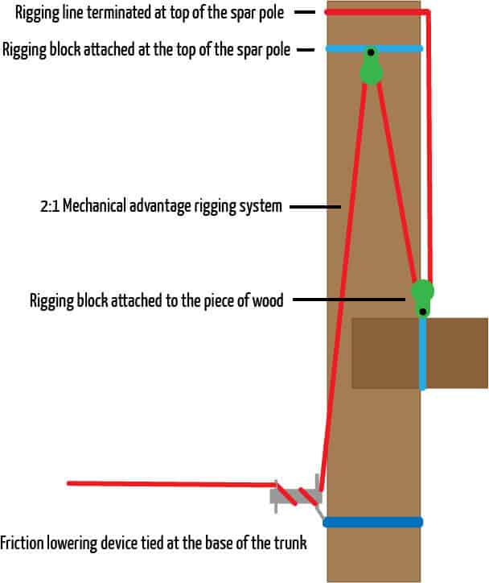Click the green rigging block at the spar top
(x=371, y=70)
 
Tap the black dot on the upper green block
(x=371, y=54)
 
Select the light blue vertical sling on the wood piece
(x=422, y=354)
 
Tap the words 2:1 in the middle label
(x=49, y=206)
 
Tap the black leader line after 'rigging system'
(x=314, y=207)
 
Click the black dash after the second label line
(x=306, y=50)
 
